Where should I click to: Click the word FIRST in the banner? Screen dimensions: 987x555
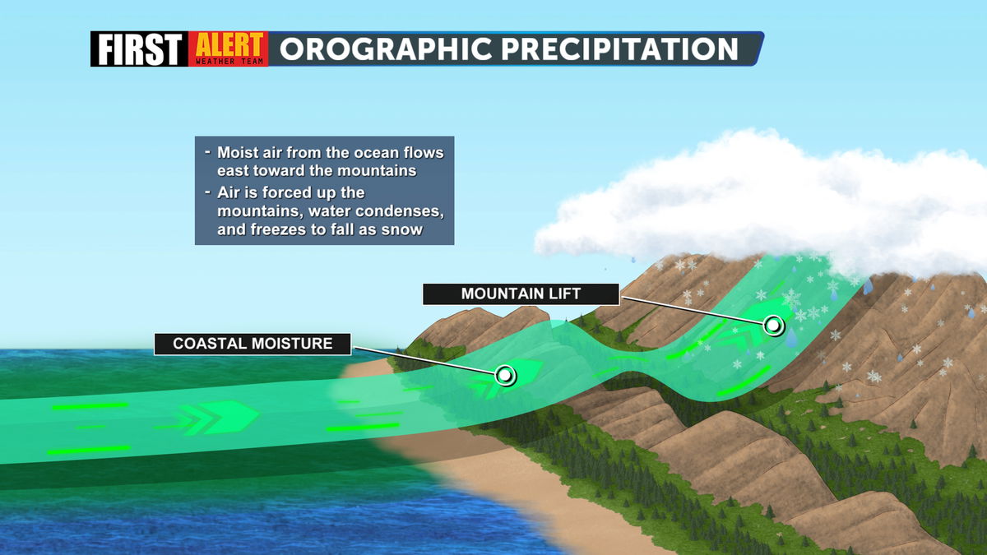click(140, 49)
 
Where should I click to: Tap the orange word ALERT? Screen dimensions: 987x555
click(229, 44)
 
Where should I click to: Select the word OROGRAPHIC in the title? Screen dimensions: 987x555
click(386, 49)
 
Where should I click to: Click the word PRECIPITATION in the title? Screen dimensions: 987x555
click(619, 49)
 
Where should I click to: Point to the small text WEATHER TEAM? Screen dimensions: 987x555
click(229, 61)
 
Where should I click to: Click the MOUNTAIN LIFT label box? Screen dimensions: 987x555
click(521, 294)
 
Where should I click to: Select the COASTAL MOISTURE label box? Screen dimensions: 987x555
click(253, 344)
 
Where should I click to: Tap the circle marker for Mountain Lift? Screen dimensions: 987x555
click(773, 326)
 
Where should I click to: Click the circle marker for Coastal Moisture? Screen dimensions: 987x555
click(505, 375)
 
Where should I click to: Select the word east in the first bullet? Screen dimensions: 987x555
click(232, 171)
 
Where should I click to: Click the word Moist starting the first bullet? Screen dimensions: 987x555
click(237, 153)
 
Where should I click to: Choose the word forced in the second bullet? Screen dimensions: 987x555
click(288, 193)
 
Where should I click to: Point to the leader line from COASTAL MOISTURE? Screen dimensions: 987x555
click(424, 361)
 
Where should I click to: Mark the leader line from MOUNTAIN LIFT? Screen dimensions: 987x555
click(693, 311)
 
